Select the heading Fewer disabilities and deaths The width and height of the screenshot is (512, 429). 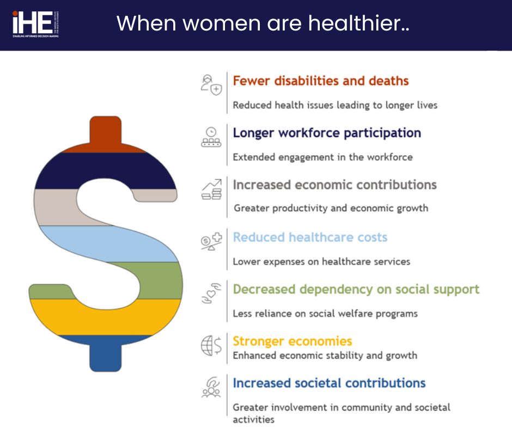(x=320, y=81)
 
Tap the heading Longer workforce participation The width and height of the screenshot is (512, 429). (x=326, y=133)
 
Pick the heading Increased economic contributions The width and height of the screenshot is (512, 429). (x=334, y=185)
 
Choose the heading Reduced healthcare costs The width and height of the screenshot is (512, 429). (x=309, y=237)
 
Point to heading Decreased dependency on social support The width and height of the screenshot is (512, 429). (x=356, y=289)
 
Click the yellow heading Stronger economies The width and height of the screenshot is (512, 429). (x=292, y=341)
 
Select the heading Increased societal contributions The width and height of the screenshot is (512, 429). (x=329, y=383)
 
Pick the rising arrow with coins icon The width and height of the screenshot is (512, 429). (x=211, y=189)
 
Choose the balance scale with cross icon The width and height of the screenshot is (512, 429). (x=211, y=241)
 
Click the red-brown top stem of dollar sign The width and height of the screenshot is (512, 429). (x=105, y=133)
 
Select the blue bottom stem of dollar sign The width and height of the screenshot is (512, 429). (x=105, y=354)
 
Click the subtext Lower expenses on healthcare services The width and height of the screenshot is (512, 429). (x=321, y=262)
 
